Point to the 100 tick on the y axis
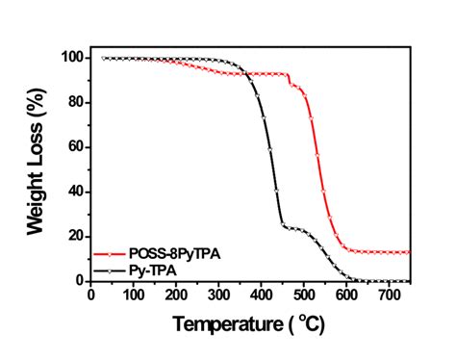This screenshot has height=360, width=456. click(72, 58)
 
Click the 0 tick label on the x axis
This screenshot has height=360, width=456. click(91, 295)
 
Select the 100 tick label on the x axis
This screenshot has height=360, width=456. click(134, 295)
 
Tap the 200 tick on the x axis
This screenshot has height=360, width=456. click(176, 295)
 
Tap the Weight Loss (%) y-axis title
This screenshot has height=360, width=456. click(37, 168)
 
